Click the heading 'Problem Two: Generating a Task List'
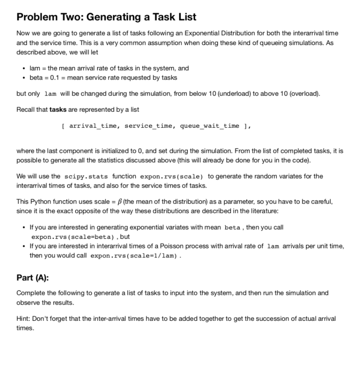106,17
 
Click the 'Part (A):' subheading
33,278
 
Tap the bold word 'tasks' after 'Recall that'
58,109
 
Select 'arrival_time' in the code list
93,126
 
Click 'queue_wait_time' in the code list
210,126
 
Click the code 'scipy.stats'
86,177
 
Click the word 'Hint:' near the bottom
24,319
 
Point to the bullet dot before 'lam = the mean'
24,68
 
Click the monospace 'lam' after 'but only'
50,94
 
